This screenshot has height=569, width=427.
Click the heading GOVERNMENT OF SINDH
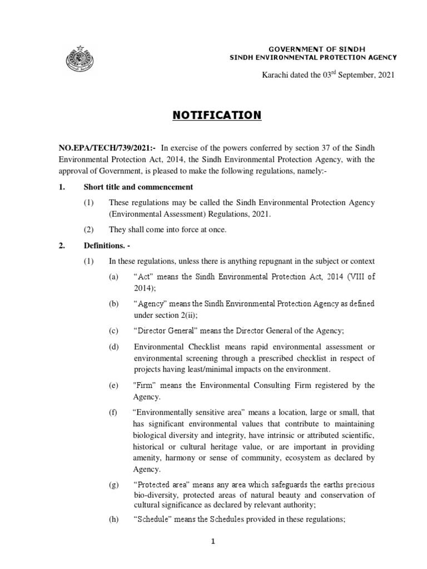(x=314, y=49)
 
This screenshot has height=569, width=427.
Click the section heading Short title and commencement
(x=138, y=187)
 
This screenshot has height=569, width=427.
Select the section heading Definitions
(x=106, y=246)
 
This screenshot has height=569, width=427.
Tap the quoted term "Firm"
(x=146, y=385)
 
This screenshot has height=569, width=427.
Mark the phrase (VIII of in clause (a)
(x=358, y=277)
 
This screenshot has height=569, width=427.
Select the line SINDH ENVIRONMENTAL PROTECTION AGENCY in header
(x=314, y=57)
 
